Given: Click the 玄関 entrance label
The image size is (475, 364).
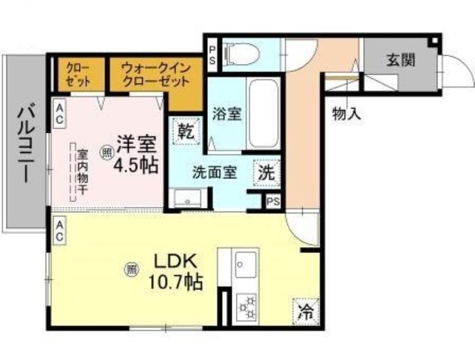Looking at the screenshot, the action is tap(400, 60).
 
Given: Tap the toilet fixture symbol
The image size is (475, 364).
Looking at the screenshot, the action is tap(241, 55).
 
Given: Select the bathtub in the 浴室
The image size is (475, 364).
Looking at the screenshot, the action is tap(262, 113).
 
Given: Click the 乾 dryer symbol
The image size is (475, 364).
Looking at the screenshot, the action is tap(186, 131).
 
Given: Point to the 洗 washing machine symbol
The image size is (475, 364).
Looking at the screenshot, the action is tap(267, 173).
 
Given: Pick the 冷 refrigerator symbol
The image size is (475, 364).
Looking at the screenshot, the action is tap(306, 312).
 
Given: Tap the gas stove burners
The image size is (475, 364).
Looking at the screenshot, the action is tap(246, 308).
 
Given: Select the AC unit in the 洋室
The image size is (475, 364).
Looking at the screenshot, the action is tap(59, 114).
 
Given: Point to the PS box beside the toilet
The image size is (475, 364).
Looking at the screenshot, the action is tap(213, 55).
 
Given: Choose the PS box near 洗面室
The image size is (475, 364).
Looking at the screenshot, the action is tap(273, 202).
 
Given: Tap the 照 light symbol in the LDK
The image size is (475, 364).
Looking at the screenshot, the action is tap(131, 269).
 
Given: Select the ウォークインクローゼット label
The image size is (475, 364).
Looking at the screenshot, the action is tap(156, 74).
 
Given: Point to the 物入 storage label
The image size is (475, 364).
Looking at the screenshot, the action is tap(347, 114).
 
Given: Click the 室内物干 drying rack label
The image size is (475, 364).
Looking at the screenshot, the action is tap(83, 172).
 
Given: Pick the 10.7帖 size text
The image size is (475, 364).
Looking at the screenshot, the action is tap(175, 282).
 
